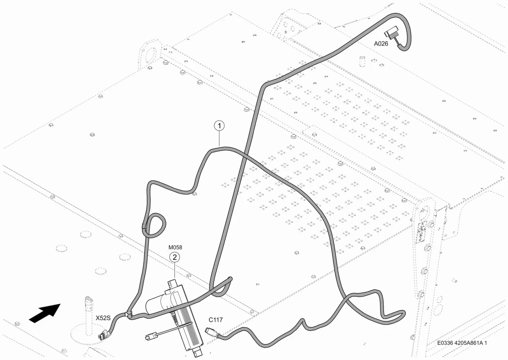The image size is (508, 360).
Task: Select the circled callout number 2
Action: coord(174,257)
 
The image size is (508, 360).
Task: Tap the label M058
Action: coord(175,247)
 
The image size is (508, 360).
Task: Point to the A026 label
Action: coord(381,44)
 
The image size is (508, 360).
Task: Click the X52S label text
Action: coord(103,318)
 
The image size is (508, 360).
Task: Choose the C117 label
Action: coord(215,320)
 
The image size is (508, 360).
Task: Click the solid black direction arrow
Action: coord(45,313)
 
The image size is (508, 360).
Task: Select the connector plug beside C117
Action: coord(211,332)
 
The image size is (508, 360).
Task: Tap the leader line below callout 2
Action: coord(174,270)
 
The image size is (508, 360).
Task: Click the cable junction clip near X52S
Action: coord(128,314)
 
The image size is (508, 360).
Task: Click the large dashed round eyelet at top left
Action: coord(150,53)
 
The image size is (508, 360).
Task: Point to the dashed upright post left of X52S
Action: coord(88,315)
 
